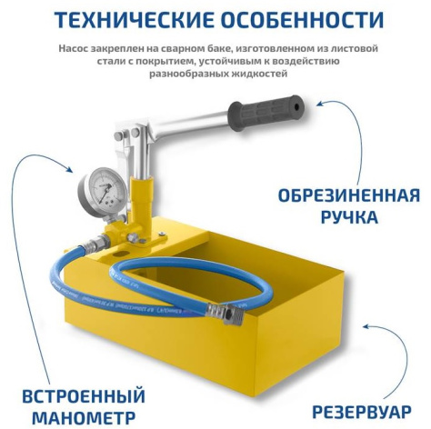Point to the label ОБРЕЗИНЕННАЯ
point(348,196)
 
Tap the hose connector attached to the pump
point(95,244)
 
